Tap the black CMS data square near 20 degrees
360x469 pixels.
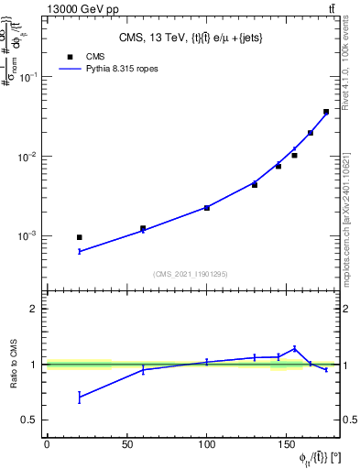(x=80, y=237)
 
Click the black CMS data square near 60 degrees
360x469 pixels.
(x=143, y=228)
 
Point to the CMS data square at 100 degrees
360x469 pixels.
(x=207, y=208)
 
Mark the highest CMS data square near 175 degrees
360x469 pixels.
(x=326, y=112)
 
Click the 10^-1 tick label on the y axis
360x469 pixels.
(x=30, y=77)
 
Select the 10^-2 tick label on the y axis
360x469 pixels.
(x=30, y=157)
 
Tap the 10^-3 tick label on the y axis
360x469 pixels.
(x=30, y=236)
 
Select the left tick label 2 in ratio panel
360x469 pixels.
(x=35, y=310)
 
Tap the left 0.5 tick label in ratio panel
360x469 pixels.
(x=31, y=420)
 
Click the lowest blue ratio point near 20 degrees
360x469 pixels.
(x=80, y=397)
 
